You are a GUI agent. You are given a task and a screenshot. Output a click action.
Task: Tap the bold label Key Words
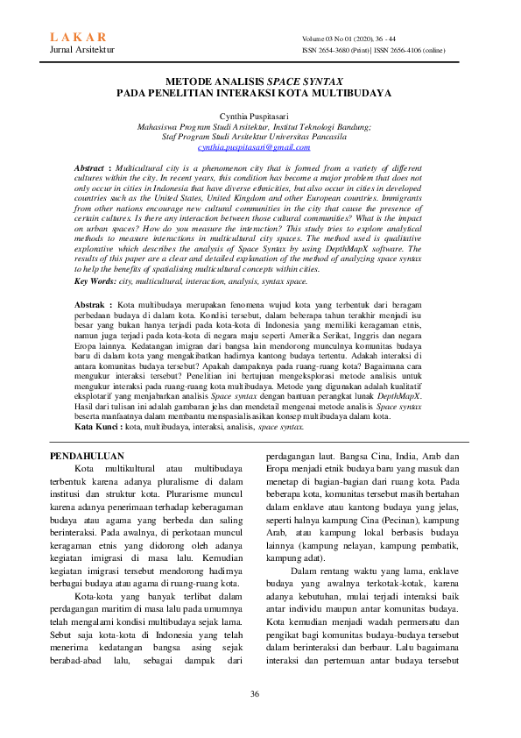click(93, 280)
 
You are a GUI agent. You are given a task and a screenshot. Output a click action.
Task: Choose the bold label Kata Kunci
click(97, 427)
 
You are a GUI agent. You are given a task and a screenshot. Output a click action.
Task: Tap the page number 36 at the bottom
click(255, 694)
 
